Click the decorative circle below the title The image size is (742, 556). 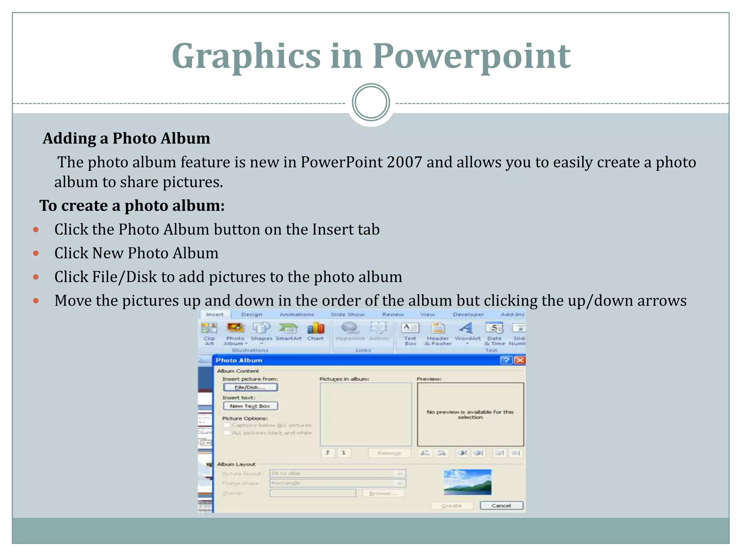pos(371,102)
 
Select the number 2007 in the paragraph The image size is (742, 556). pos(404,162)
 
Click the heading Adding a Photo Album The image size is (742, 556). pos(126,138)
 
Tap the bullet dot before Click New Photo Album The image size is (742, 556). pos(36,253)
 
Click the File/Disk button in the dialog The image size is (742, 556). pos(250,387)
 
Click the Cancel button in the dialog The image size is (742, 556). pos(501,506)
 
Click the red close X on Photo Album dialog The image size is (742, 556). pos(520,360)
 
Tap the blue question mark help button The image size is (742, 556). pos(506,360)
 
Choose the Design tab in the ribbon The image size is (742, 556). pos(251,315)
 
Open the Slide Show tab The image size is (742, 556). pos(347,315)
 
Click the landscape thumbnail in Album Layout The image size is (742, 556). pos(467,482)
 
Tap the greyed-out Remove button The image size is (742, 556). pos(389,453)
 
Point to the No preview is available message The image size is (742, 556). pos(470,414)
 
